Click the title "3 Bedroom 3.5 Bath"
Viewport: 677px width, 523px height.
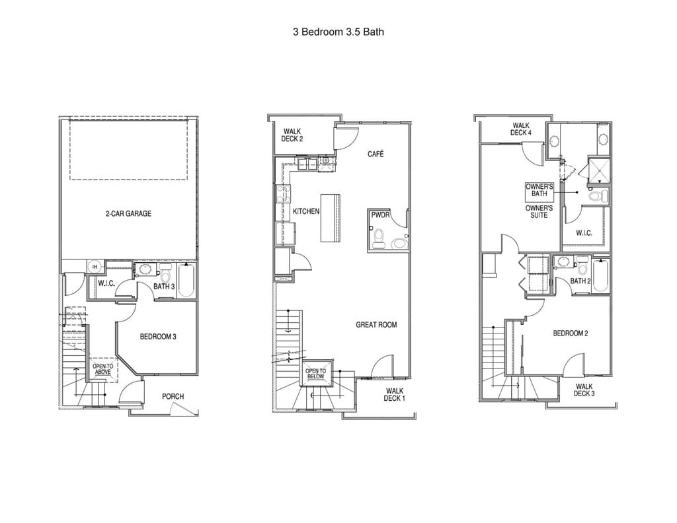tap(338, 31)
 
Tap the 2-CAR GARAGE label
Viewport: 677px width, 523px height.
tap(128, 213)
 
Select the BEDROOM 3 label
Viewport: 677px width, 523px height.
tap(158, 336)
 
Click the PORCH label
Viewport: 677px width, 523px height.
tap(173, 396)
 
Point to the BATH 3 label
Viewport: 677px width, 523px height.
tap(164, 286)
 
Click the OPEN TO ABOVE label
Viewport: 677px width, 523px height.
tap(102, 368)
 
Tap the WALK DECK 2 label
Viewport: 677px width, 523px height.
tap(292, 135)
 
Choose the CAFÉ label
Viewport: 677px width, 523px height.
tap(376, 154)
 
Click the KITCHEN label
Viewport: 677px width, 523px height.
tap(306, 211)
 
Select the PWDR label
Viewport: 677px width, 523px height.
tap(380, 215)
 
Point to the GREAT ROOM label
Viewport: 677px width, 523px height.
tap(376, 324)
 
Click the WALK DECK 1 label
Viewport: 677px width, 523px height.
tap(395, 394)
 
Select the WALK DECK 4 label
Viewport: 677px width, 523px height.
tap(521, 129)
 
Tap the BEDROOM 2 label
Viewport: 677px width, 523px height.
tap(570, 333)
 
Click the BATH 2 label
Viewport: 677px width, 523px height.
tap(580, 281)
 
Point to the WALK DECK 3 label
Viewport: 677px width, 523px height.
tap(584, 390)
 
